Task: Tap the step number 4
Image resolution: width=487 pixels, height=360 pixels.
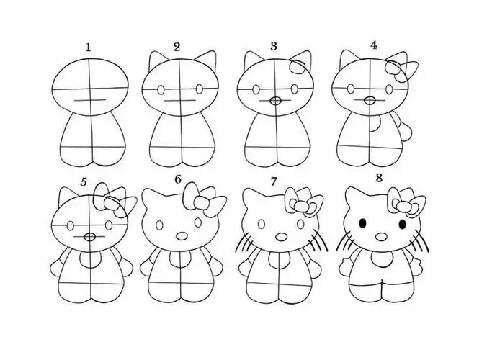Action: tap(373, 45)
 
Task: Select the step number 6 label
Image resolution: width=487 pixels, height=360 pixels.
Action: tap(177, 180)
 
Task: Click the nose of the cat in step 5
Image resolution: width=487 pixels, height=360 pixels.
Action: tap(89, 235)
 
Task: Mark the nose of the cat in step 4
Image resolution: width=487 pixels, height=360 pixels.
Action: tap(370, 101)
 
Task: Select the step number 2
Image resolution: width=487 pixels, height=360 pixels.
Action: tap(177, 48)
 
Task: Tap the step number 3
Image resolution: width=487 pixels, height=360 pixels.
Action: tap(274, 46)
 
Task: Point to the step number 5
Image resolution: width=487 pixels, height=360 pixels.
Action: tap(84, 181)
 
